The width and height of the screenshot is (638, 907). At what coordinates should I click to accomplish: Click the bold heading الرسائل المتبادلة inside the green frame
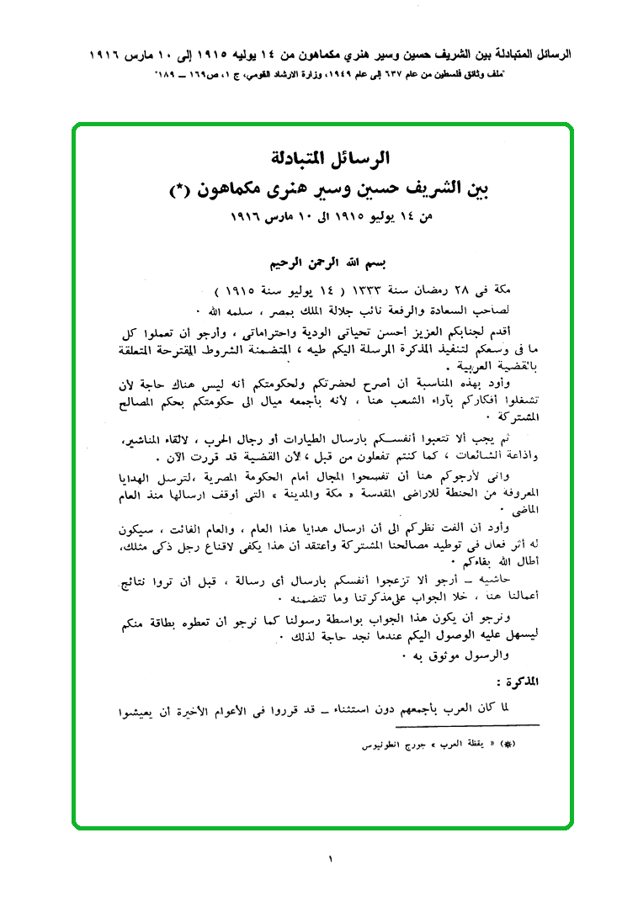pos(324,157)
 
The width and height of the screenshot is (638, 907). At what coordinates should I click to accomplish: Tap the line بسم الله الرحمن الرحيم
pos(324,262)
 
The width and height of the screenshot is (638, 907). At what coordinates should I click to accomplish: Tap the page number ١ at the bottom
pos(330,860)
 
